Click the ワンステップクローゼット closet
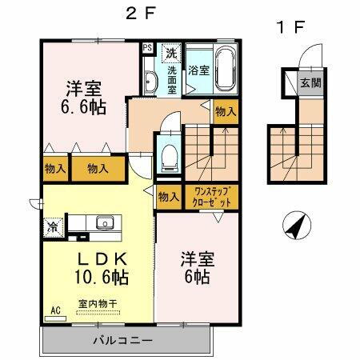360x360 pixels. click(x=208, y=197)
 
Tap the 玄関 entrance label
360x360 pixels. click(x=309, y=82)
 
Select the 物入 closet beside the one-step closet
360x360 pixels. click(x=168, y=197)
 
